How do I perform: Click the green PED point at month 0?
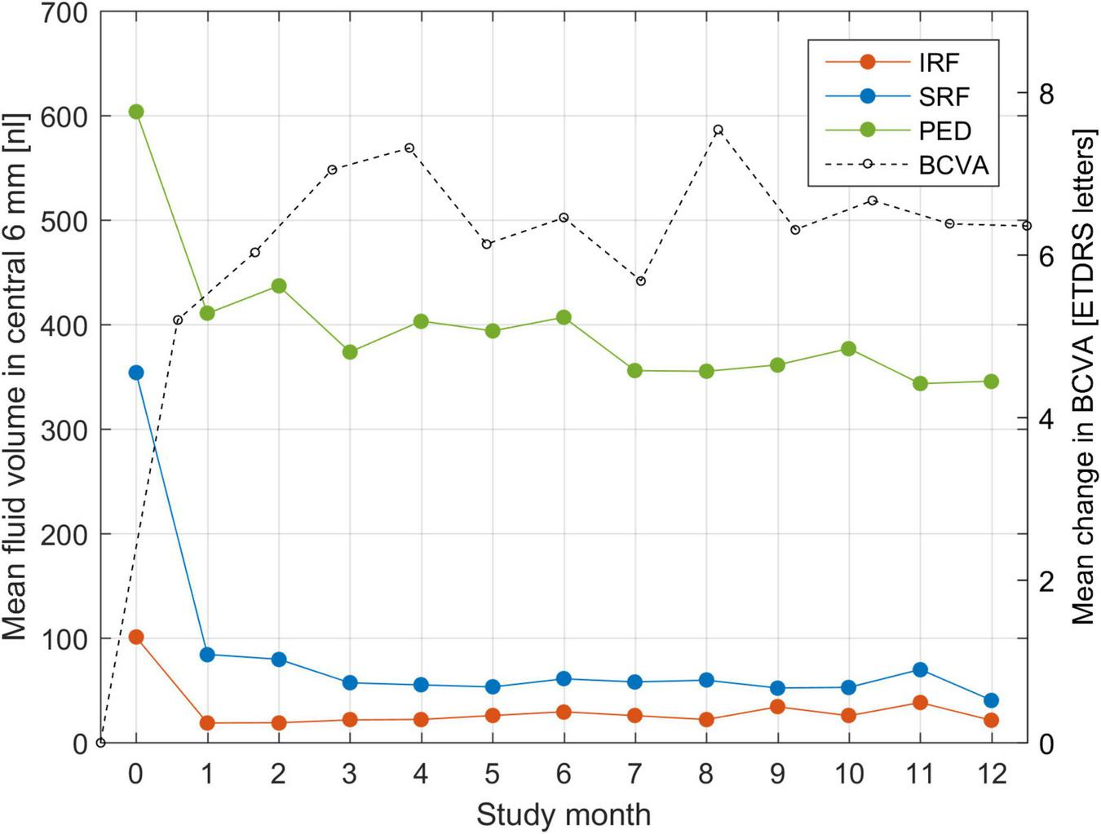pyautogui.click(x=136, y=112)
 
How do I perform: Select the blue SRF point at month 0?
pyautogui.click(x=136, y=373)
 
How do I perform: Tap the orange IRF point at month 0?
pyautogui.click(x=136, y=637)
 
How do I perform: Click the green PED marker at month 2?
pyautogui.click(x=279, y=286)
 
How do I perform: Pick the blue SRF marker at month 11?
pyautogui.click(x=920, y=669)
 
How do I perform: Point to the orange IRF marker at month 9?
pyautogui.click(x=777, y=707)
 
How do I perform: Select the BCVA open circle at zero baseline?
pyautogui.click(x=100, y=743)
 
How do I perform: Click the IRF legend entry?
pyautogui.click(x=938, y=63)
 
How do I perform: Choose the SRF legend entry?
pyautogui.click(x=944, y=97)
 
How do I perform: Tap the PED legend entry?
pyautogui.click(x=944, y=131)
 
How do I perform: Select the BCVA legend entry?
pyautogui.click(x=953, y=165)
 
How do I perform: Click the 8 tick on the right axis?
pyautogui.click(x=1046, y=93)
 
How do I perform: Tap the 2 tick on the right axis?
pyautogui.click(x=1046, y=580)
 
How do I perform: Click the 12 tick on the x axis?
pyautogui.click(x=992, y=774)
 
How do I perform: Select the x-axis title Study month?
pyautogui.click(x=564, y=814)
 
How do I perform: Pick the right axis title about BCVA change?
pyautogui.click(x=1083, y=377)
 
